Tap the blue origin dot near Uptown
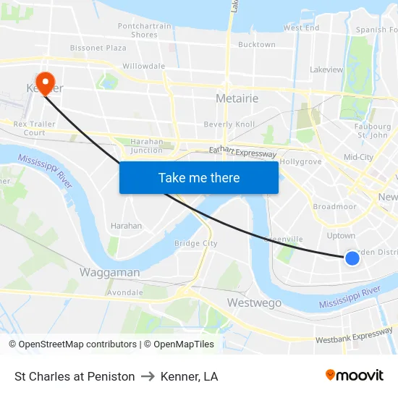tap(352, 258)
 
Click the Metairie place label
tap(237, 98)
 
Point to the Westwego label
tap(254, 302)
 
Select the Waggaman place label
tap(109, 272)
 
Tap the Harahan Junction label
tap(146, 145)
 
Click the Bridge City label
tap(195, 243)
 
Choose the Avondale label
tap(124, 292)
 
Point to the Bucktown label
tap(256, 44)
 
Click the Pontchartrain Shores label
tap(145, 30)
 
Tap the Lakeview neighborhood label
tap(326, 69)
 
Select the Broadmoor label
tap(334, 206)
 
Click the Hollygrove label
tap(300, 161)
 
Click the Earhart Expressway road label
tap(242, 152)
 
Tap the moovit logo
tap(354, 376)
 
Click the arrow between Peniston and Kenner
tap(148, 376)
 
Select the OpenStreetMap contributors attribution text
tap(73, 344)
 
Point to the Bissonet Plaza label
tap(98, 48)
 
